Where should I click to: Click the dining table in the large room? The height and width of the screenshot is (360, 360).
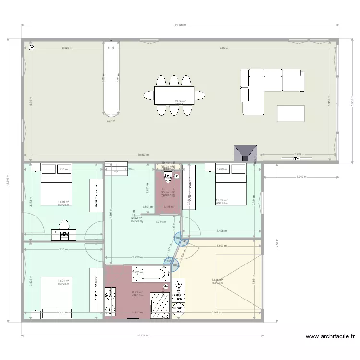click(x=174, y=94)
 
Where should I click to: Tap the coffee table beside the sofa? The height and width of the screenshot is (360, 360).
click(x=290, y=113)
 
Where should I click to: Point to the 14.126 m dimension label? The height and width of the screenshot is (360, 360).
click(x=180, y=24)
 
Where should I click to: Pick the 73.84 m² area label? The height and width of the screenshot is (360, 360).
click(x=180, y=101)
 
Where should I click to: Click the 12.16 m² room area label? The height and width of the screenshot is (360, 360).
click(x=63, y=202)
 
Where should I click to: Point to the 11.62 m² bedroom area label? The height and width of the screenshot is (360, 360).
click(x=221, y=200)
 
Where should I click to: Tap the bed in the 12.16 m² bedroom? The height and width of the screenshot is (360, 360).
click(x=56, y=185)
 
